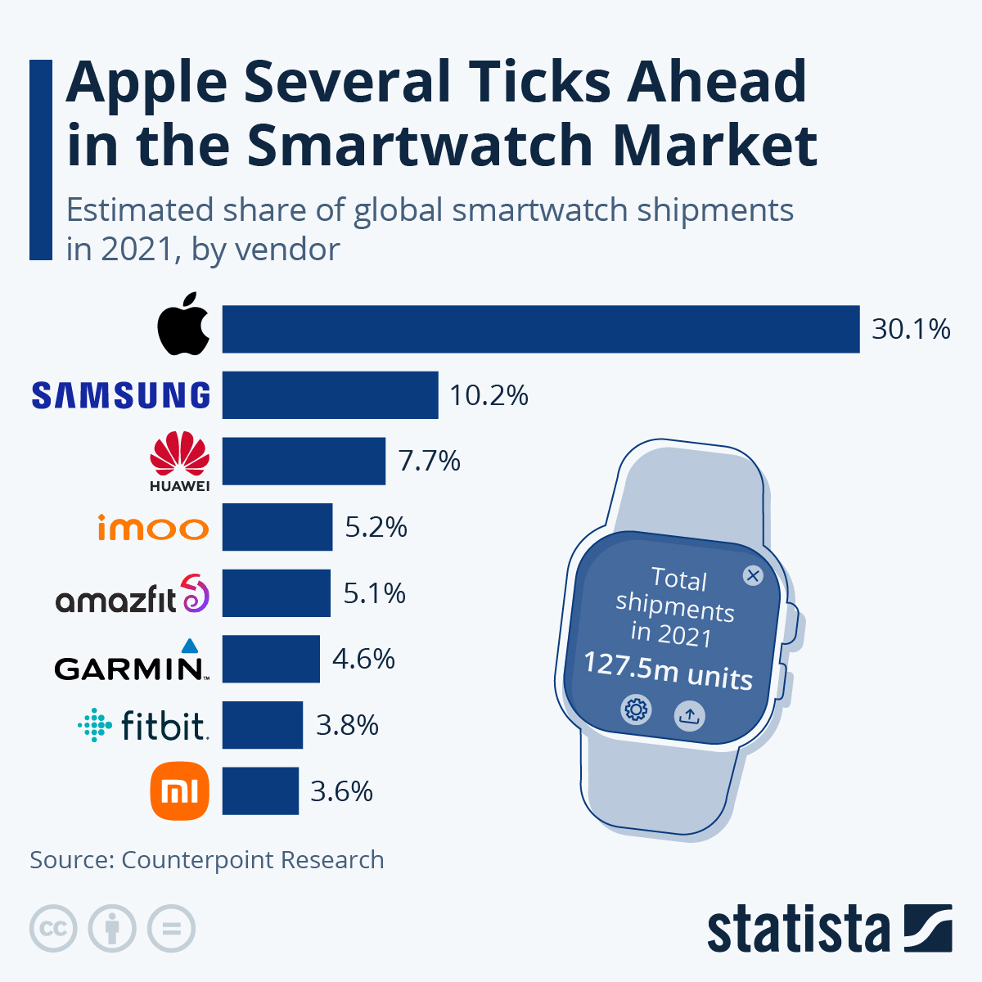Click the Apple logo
pyautogui.click(x=183, y=325)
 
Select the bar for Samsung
pyautogui.click(x=330, y=395)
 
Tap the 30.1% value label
pyautogui.click(x=911, y=329)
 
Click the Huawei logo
pyautogui.click(x=180, y=462)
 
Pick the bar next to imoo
pyautogui.click(x=277, y=527)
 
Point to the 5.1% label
pyautogui.click(x=374, y=593)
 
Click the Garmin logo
pyautogui.click(x=131, y=661)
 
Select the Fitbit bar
pyautogui.click(x=262, y=725)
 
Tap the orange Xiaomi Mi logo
pyautogui.click(x=180, y=791)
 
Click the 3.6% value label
pyautogui.click(x=341, y=791)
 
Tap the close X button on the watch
pyautogui.click(x=752, y=575)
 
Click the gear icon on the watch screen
pyautogui.click(x=636, y=709)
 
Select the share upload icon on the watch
pyautogui.click(x=689, y=717)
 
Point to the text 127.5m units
pyautogui.click(x=668, y=670)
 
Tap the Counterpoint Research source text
pyautogui.click(x=252, y=860)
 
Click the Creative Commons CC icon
pyautogui.click(x=53, y=929)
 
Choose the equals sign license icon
pyautogui.click(x=172, y=929)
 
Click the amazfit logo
pyautogui.click(x=132, y=595)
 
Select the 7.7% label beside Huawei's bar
pyautogui.click(x=429, y=462)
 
